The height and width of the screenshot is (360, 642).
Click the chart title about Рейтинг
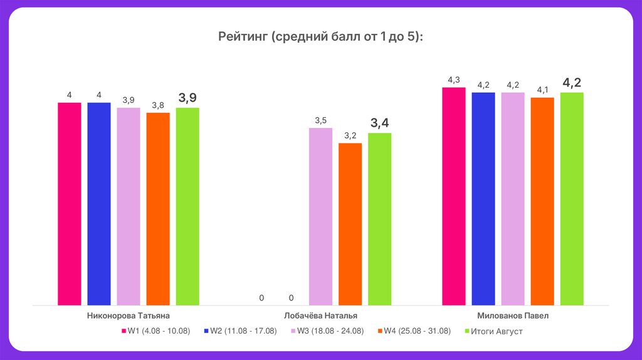[x=320, y=37]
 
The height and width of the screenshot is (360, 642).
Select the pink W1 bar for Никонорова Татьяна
[x=70, y=204]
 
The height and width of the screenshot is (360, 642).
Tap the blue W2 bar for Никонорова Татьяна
[x=99, y=204]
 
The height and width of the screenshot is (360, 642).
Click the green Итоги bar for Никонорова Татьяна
[x=187, y=206]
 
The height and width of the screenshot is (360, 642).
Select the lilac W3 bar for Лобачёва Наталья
[x=320, y=216]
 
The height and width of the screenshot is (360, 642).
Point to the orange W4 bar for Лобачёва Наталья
[x=350, y=224]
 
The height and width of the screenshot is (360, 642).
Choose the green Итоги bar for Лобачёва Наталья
[x=379, y=219]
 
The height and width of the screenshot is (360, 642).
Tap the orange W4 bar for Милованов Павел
[x=542, y=201]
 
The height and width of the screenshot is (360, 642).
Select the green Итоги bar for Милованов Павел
[x=572, y=199]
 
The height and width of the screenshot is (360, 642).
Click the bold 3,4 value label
[x=379, y=122]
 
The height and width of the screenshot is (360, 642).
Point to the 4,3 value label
[x=453, y=80]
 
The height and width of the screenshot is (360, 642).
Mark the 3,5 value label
[x=320, y=120]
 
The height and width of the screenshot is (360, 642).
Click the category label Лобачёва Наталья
[x=320, y=316]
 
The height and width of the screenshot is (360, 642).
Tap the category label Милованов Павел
[x=512, y=316]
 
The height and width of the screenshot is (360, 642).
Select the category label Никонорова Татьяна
[x=128, y=316]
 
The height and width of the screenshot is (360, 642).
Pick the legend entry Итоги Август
[x=496, y=331]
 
